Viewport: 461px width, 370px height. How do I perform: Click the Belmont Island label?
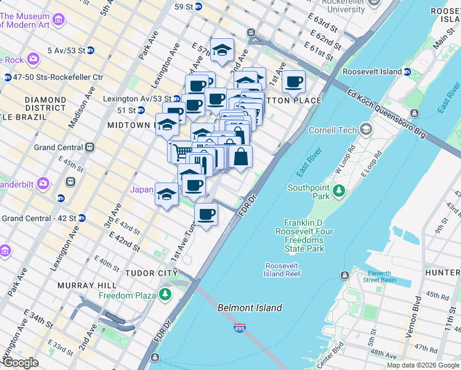[x=250, y=308]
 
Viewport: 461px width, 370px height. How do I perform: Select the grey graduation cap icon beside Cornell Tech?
[x=367, y=129]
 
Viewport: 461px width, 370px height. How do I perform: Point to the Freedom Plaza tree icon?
[x=165, y=295]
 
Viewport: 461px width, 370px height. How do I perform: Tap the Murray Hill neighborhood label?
[x=86, y=286]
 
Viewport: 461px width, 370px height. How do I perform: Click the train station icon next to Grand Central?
[x=90, y=147]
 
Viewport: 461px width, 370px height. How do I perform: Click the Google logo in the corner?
[x=20, y=363]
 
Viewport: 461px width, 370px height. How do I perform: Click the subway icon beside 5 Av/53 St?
[x=90, y=51]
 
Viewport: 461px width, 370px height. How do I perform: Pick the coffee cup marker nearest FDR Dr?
[x=206, y=215]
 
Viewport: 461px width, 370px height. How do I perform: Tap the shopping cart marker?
[x=181, y=150]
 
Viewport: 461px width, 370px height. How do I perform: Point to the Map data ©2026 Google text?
[x=422, y=365]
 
